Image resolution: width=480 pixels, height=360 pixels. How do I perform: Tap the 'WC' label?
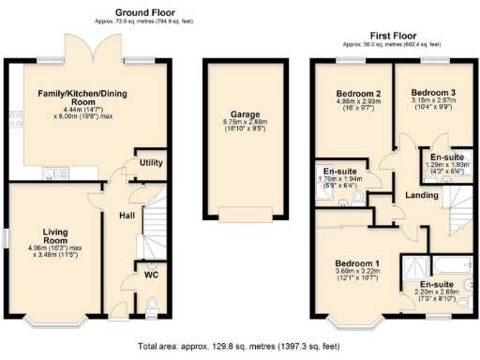151,277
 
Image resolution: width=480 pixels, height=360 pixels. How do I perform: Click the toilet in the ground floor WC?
153,302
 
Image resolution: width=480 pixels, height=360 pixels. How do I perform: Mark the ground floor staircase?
153,225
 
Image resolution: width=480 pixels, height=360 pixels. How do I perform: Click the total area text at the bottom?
240,346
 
